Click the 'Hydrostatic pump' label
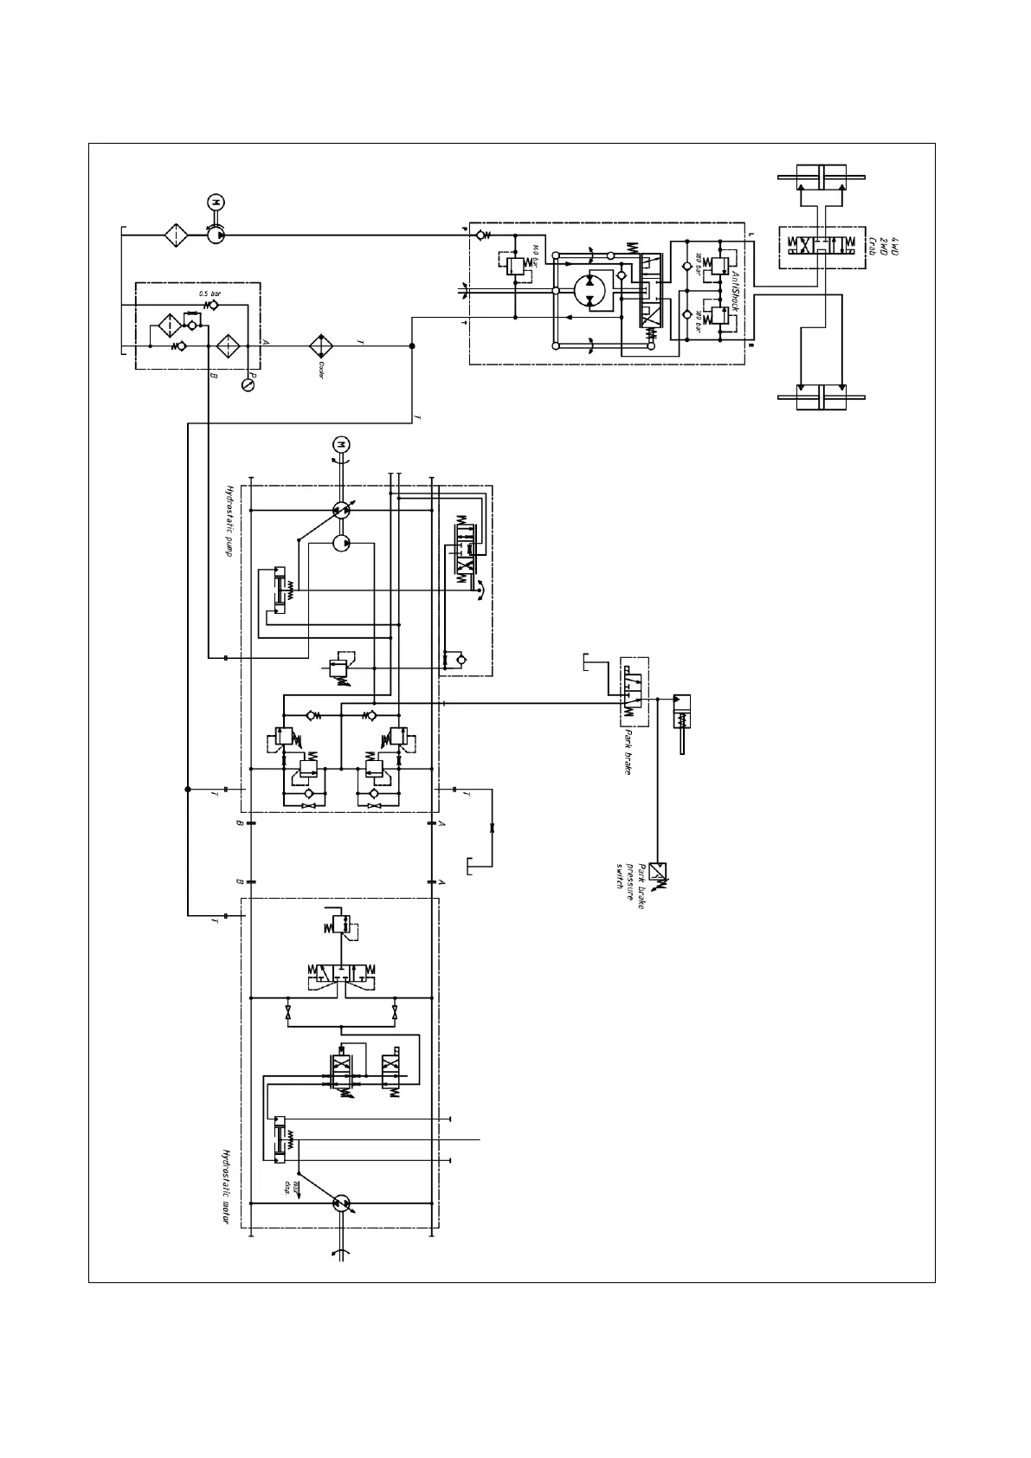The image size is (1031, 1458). point(230,520)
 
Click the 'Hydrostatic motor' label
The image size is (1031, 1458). point(226,1186)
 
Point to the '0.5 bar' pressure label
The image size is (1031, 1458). point(209,294)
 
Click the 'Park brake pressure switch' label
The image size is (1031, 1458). point(632,881)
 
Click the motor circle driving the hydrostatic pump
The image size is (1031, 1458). point(340,444)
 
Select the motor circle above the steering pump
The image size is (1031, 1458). point(214,202)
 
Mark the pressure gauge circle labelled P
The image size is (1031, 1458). point(248,384)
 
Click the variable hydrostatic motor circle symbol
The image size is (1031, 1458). point(341,1203)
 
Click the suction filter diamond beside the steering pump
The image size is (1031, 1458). point(176,234)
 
